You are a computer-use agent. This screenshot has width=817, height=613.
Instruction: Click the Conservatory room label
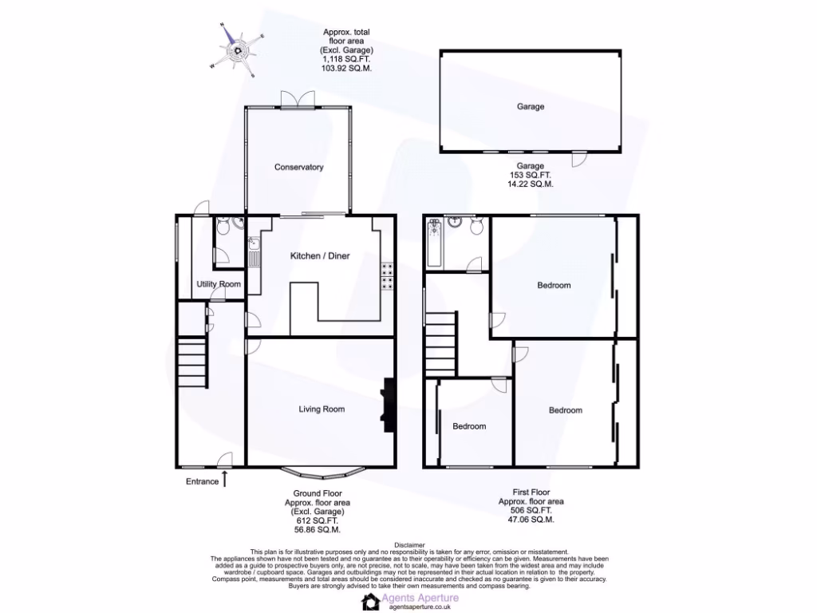pyautogui.click(x=298, y=168)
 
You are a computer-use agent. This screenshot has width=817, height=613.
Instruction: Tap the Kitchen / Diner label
pyautogui.click(x=319, y=256)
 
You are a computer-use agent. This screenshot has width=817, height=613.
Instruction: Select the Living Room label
pyautogui.click(x=322, y=409)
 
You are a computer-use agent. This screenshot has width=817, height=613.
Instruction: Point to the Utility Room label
pyautogui.click(x=219, y=285)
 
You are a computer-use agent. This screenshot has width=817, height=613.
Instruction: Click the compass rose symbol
pyautogui.click(x=238, y=50)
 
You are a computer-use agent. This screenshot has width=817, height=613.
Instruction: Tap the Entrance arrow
pyautogui.click(x=225, y=479)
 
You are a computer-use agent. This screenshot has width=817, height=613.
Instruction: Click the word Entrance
pyautogui.click(x=202, y=481)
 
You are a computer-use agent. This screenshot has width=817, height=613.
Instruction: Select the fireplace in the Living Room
pyautogui.click(x=389, y=405)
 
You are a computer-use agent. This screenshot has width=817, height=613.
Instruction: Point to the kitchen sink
pyautogui.click(x=253, y=255)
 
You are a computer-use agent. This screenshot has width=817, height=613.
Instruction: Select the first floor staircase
pyautogui.click(x=440, y=343)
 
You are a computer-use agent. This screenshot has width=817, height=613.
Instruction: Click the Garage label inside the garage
pyautogui.click(x=531, y=106)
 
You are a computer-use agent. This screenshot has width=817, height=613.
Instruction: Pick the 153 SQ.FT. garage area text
pyautogui.click(x=531, y=175)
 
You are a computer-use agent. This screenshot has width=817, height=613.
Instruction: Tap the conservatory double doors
pyautogui.click(x=298, y=99)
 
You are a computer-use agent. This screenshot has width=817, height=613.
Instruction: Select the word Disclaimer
pyautogui.click(x=408, y=544)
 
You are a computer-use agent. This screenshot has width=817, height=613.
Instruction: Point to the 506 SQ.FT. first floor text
pyautogui.click(x=531, y=510)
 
